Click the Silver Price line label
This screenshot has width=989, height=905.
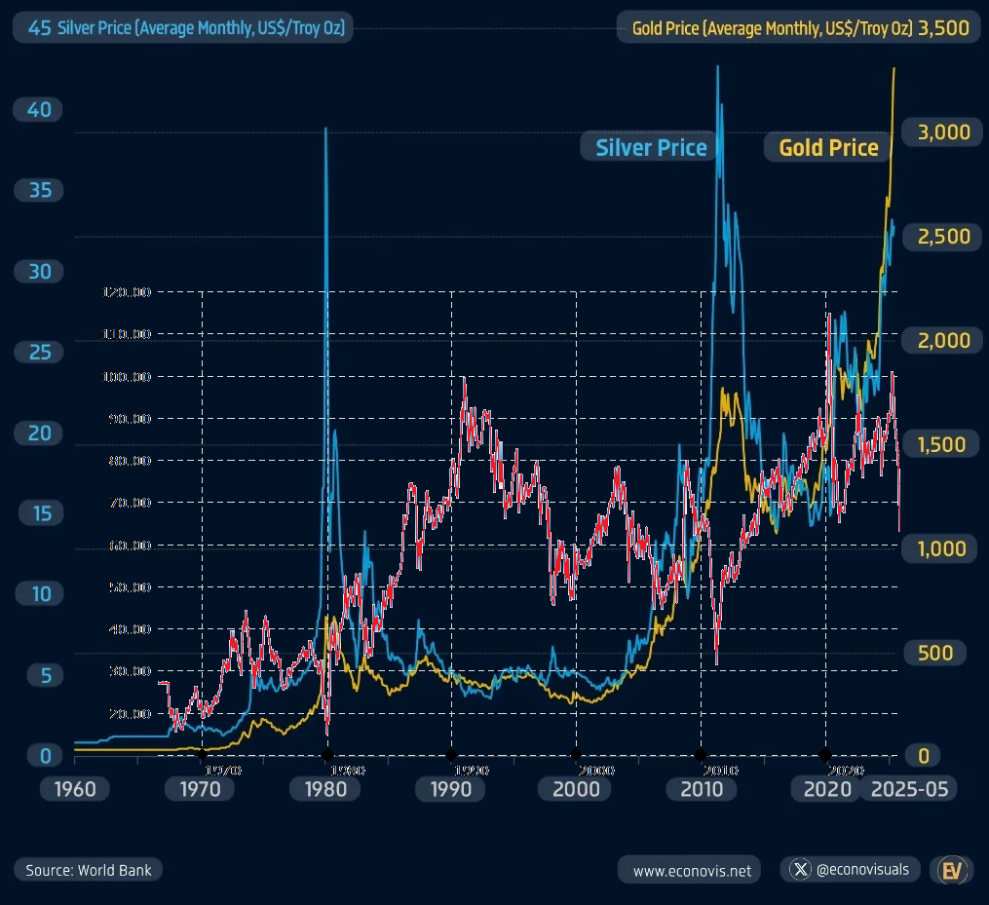point(651,147)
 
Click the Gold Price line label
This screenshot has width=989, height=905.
point(828,147)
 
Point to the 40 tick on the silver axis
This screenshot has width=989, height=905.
point(39,110)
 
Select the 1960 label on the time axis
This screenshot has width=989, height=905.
point(74,788)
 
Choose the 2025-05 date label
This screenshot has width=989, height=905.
point(907,788)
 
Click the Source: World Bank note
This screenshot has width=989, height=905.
point(89,870)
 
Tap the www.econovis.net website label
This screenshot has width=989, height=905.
point(692,870)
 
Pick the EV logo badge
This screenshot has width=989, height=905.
point(952,870)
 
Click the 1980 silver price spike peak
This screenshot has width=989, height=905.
point(325,129)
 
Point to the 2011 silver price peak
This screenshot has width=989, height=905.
point(718,66)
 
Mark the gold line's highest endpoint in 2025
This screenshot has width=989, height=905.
point(894,68)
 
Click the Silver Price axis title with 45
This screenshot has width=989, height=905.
point(182,28)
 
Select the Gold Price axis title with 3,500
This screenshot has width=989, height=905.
point(799,28)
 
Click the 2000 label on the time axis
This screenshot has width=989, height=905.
point(576,788)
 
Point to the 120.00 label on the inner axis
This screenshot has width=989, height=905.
point(127,291)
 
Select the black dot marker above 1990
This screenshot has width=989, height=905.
point(451,754)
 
